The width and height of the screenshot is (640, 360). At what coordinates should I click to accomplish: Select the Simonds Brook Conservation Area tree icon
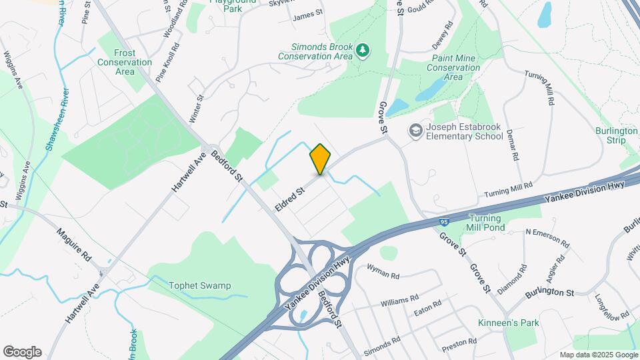(362, 50)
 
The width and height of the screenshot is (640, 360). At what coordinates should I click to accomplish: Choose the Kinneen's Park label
(508, 323)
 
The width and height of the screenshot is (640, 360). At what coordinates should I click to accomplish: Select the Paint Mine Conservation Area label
(453, 67)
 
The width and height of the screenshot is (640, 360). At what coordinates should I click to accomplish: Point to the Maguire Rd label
(73, 245)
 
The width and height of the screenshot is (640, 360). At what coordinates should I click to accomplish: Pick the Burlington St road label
(549, 293)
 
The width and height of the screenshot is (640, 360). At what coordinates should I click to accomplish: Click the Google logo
(22, 351)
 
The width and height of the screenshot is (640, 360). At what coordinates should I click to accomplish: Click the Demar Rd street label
(511, 145)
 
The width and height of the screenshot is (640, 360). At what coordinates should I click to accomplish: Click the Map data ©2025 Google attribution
(599, 355)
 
